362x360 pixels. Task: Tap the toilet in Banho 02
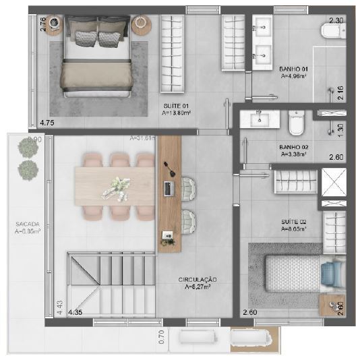click(296, 123)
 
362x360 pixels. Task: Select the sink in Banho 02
click(260, 119)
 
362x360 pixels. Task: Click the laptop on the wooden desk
click(168, 188)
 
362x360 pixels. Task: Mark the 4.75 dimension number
click(47, 123)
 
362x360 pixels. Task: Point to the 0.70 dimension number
click(161, 337)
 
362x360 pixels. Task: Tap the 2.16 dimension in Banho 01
click(340, 93)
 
